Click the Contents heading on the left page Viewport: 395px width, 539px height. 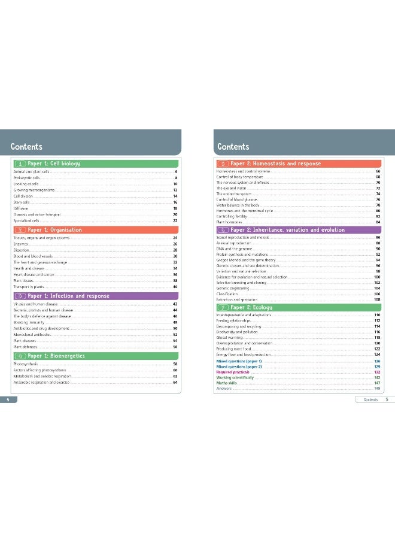26,147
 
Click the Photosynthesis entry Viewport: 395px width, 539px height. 26,364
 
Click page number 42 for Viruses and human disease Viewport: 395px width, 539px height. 175,304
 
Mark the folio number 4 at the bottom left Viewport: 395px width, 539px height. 7,398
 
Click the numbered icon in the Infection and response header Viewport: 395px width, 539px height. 19,296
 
